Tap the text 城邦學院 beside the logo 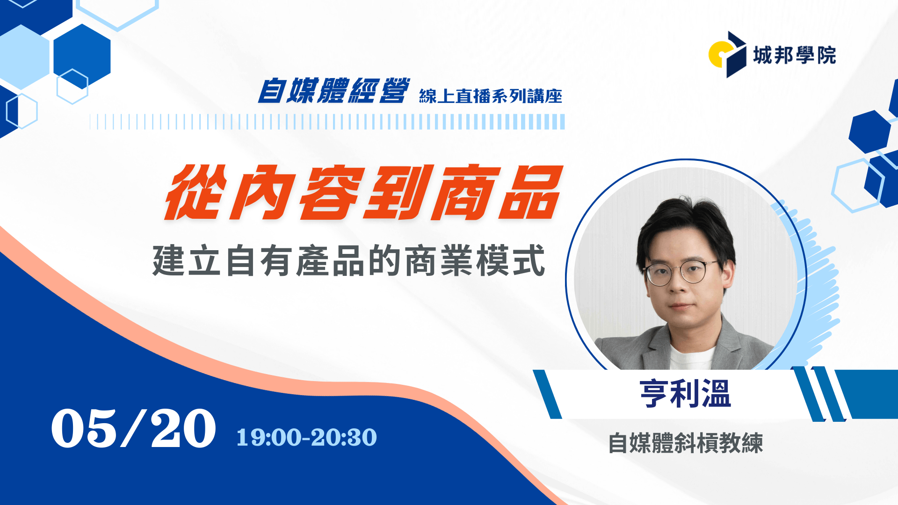(794, 55)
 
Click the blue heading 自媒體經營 (334, 90)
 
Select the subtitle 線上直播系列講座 (491, 96)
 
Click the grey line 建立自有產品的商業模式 (349, 260)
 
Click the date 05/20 (133, 428)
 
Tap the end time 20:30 (344, 438)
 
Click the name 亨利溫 (685, 394)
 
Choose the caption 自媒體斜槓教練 (686, 443)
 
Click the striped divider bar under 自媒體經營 (327, 122)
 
